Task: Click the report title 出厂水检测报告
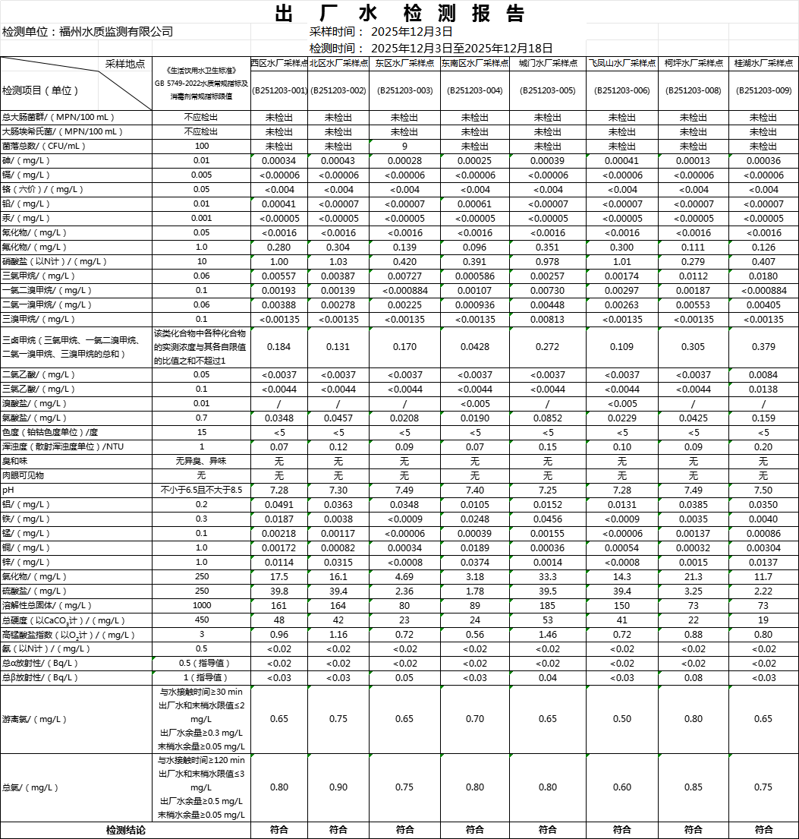399,14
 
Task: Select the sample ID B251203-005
547,90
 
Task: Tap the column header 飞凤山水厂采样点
621,64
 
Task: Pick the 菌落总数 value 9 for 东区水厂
404,147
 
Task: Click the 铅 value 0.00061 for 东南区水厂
475,204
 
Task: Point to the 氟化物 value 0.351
547,248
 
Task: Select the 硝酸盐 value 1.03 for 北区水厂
338,262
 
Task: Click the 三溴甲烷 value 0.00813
547,320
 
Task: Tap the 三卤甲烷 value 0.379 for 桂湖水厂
763,347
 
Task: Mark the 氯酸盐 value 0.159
763,418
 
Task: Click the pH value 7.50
763,490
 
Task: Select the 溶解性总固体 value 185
547,606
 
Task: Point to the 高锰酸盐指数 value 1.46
547,635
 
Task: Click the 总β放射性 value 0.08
693,678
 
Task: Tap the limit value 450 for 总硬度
202,620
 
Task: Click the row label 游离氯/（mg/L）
33,719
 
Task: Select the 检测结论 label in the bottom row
125,831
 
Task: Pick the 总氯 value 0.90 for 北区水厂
338,787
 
